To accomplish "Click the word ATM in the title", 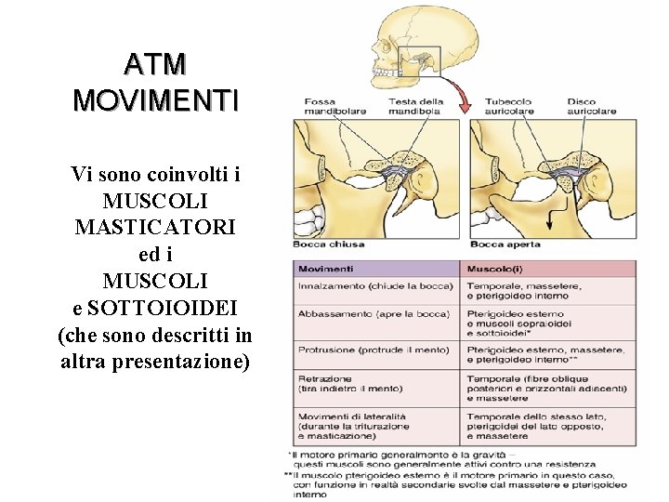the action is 156,64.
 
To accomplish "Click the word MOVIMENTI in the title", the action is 156,99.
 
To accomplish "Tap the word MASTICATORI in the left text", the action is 155,227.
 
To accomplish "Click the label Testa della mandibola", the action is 415,106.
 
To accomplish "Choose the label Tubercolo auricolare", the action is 509,106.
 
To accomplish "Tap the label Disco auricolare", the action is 591,106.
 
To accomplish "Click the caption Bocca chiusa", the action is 329,244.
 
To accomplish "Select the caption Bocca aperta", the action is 505,244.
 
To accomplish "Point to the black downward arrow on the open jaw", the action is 548,219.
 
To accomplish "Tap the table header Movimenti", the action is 325,269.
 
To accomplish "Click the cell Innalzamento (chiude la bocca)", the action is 375,285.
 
